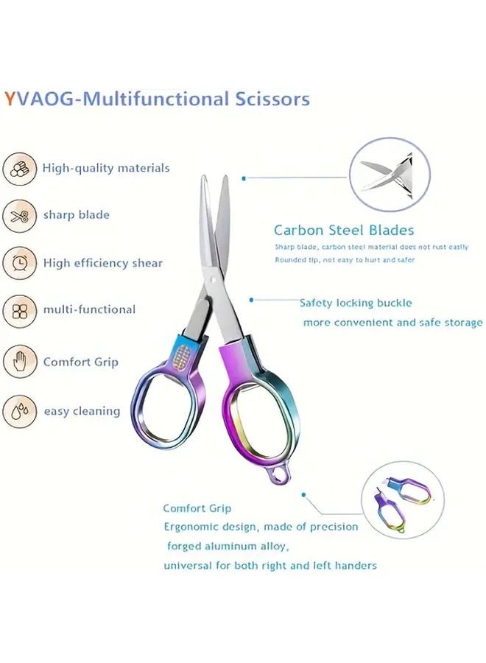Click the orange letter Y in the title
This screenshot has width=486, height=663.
9,99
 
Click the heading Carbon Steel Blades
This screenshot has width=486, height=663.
343,231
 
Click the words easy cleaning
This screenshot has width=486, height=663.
82,411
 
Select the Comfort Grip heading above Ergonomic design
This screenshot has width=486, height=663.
197,508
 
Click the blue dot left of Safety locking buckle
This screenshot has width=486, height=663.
252,300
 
